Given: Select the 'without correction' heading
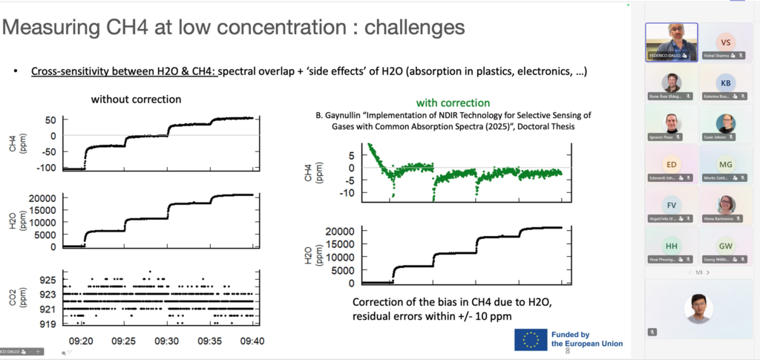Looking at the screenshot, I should coord(136,99).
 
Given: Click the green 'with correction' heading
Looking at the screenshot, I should coord(453,102).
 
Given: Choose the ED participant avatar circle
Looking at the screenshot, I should coord(672,165).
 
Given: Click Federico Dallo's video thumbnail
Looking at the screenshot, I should coord(672,42).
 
